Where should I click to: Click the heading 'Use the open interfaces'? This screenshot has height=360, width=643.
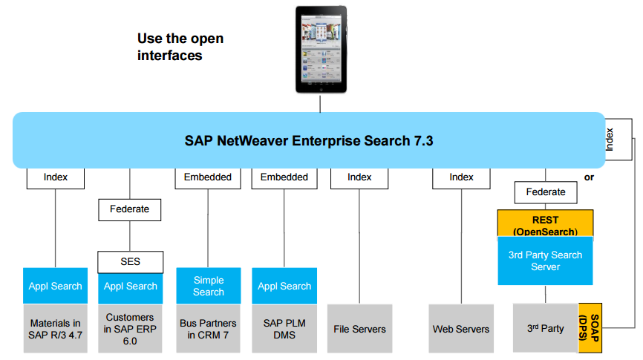click(180, 47)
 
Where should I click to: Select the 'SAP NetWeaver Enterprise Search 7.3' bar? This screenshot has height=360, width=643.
click(309, 140)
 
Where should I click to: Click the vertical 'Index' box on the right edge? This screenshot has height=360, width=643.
click(618, 138)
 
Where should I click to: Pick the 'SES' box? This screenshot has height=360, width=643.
click(130, 261)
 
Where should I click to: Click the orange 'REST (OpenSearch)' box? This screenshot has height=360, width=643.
click(545, 223)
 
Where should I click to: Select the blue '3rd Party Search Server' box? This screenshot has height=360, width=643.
click(545, 261)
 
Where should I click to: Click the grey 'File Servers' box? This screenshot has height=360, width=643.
click(359, 328)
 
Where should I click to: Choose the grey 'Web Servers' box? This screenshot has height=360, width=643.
click(461, 328)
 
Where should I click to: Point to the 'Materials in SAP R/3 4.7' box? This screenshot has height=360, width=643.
click(55, 328)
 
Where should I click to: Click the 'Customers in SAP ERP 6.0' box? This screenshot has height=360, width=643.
click(130, 328)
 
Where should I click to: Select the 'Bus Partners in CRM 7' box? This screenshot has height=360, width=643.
click(208, 328)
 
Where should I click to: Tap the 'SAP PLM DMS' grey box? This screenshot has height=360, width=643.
click(284, 328)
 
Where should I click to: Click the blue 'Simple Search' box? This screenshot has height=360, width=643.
click(208, 286)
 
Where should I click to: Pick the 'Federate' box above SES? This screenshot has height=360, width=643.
click(130, 209)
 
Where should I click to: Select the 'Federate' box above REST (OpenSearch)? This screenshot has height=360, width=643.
click(545, 192)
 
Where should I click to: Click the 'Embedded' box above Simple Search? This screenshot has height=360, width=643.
click(208, 177)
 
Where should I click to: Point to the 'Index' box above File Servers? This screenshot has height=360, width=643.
click(359, 177)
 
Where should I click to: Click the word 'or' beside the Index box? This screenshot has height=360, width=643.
click(589, 177)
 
